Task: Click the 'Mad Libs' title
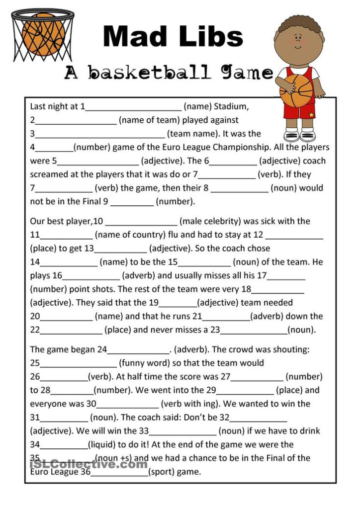pyautogui.click(x=173, y=37)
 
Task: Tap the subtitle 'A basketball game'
pyautogui.click(x=169, y=73)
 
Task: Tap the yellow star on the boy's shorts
pyautogui.click(x=311, y=115)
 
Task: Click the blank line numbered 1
pyautogui.click(x=134, y=107)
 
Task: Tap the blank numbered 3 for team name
pyautogui.click(x=100, y=135)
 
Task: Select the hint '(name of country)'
pyautogui.click(x=129, y=235)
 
